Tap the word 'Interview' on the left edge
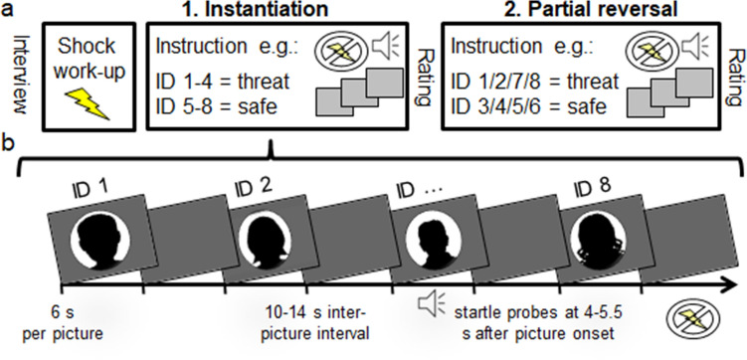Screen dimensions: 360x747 point(14,71)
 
